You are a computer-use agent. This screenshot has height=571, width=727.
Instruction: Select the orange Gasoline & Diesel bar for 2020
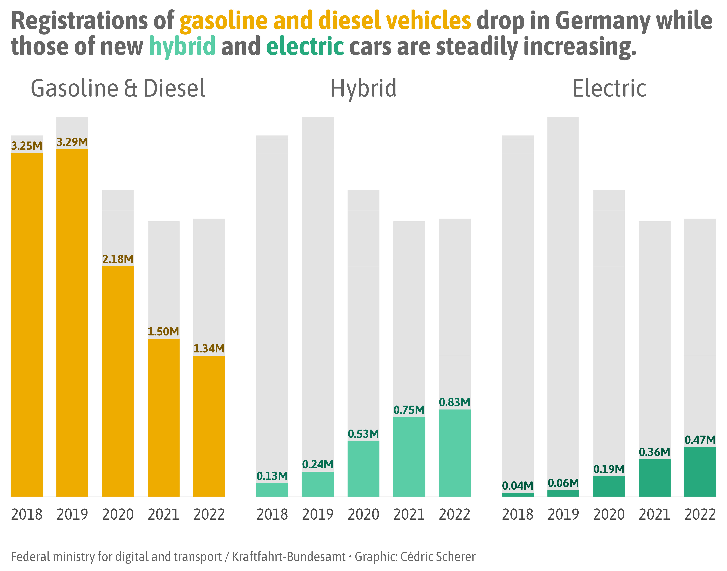[118, 381]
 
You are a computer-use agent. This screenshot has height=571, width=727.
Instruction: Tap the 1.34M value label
[209, 349]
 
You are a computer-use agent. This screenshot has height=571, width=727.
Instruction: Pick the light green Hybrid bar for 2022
[455, 453]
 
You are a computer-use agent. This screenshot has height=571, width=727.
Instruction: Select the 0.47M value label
[700, 440]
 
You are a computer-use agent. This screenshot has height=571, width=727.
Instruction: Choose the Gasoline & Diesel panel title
[118, 89]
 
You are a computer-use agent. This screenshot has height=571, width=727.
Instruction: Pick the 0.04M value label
[517, 486]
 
